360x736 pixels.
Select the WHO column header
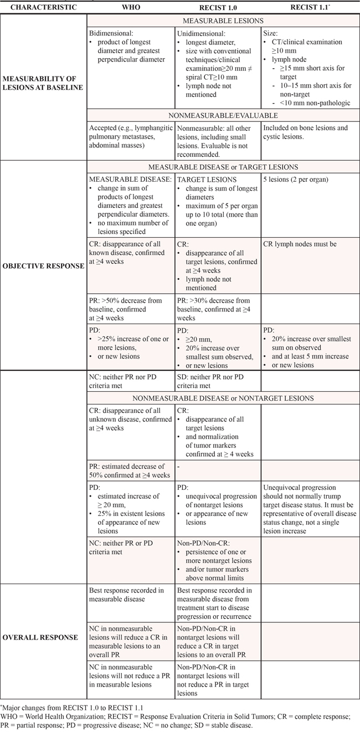click(x=130, y=8)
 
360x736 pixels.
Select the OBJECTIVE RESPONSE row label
click(x=43, y=266)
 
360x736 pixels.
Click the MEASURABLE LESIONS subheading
click(x=223, y=21)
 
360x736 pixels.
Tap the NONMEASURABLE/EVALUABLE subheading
click(x=223, y=116)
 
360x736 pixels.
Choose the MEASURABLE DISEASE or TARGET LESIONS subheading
click(x=223, y=167)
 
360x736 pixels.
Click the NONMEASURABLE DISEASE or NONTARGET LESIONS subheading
click(x=223, y=398)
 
